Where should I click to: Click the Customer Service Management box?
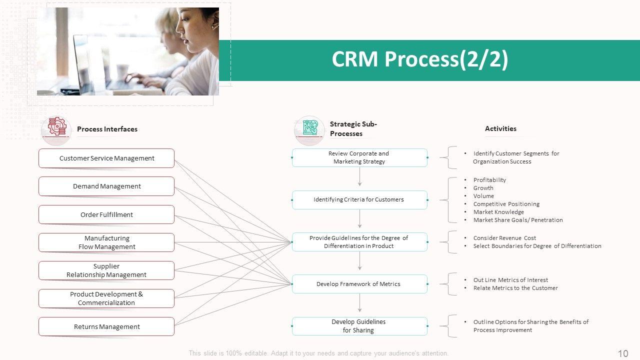click(106, 158)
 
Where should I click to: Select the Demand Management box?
click(106, 186)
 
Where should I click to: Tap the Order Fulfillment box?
click(106, 214)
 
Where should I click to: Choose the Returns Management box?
click(106, 326)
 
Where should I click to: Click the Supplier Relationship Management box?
click(106, 270)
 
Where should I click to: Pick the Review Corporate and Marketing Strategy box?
click(359, 157)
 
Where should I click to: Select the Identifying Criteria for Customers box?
click(359, 199)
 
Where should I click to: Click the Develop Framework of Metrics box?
click(359, 284)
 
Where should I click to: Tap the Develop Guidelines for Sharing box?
click(359, 326)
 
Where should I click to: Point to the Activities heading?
click(500, 128)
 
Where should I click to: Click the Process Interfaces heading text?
click(107, 129)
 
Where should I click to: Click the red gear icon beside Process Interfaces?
click(56, 128)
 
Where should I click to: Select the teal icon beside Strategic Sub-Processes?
click(309, 128)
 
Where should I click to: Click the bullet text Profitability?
click(489, 180)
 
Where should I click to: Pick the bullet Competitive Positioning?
click(506, 204)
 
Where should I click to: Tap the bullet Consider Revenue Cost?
click(504, 238)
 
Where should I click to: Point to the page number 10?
click(623, 353)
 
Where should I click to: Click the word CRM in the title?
click(355, 59)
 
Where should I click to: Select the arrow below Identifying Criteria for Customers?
click(359, 219)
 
